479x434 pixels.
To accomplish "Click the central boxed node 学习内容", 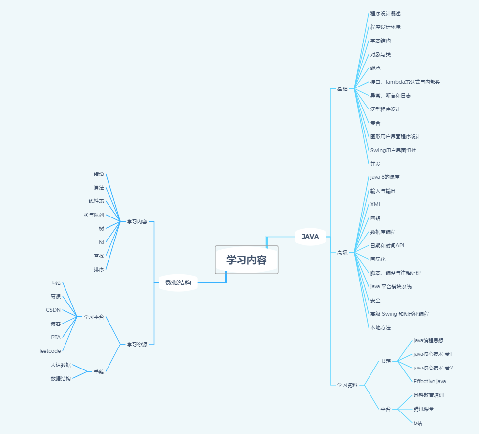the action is [x=246, y=260].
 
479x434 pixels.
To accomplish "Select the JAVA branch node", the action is [x=310, y=237].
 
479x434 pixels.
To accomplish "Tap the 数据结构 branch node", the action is [x=178, y=282].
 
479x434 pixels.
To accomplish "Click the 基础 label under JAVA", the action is [x=342, y=89].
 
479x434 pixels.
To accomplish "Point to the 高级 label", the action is [x=342, y=253].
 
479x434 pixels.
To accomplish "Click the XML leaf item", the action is [x=376, y=204].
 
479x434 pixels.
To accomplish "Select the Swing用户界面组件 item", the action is [x=393, y=150].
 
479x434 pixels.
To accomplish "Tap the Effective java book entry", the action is [x=430, y=381].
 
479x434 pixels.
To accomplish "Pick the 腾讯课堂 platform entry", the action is [x=423, y=409].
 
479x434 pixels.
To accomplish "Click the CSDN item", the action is [x=53, y=310].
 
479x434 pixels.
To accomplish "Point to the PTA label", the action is [x=56, y=337].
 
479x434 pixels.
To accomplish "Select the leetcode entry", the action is [x=50, y=351].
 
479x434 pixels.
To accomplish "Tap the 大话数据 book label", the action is [x=61, y=365].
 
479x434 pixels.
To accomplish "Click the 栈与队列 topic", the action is [x=93, y=215].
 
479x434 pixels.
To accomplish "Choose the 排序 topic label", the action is [x=99, y=269].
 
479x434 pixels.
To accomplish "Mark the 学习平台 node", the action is [x=93, y=317].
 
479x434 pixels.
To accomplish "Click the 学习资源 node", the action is [x=137, y=345].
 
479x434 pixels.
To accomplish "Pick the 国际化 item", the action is [x=378, y=259].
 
